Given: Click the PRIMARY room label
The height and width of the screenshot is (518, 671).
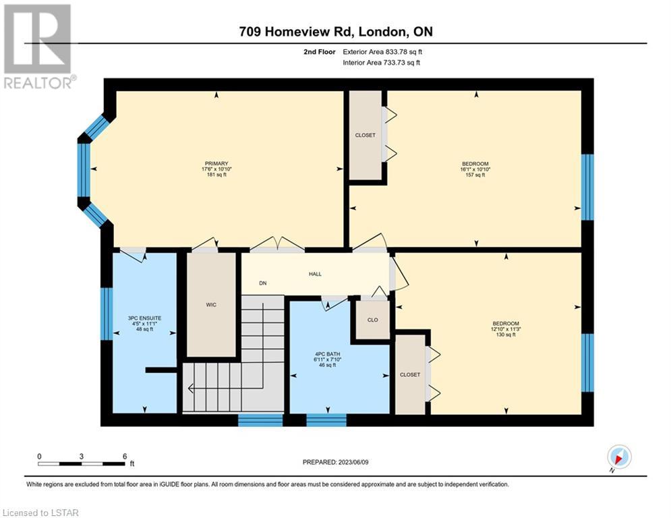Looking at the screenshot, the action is click(x=216, y=163).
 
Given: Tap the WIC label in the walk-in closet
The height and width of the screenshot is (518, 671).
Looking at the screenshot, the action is click(x=211, y=305).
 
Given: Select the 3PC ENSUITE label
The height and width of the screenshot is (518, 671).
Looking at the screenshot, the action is click(x=144, y=318).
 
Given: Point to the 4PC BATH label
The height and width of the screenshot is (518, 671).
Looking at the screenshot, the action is click(x=327, y=354).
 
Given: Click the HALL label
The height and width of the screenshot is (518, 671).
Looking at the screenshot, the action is click(x=316, y=274).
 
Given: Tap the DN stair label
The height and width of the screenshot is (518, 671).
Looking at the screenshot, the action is click(x=263, y=283).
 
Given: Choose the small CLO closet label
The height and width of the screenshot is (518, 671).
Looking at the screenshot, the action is click(x=373, y=320).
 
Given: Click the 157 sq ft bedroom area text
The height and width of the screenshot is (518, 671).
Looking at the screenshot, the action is click(x=475, y=175).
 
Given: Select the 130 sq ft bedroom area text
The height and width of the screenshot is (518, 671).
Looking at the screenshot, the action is click(x=505, y=335).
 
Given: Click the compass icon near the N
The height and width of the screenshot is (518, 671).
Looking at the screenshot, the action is click(x=619, y=457).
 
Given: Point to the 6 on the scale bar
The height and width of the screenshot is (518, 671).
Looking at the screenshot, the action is click(x=125, y=457).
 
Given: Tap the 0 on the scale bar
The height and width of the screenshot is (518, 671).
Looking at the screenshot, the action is click(x=39, y=457).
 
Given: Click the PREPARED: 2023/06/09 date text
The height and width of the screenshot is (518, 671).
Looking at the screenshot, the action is click(x=336, y=462).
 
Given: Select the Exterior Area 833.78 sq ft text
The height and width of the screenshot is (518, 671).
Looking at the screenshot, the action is click(x=382, y=52).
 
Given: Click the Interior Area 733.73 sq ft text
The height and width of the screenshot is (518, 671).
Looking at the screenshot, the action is click(x=381, y=63).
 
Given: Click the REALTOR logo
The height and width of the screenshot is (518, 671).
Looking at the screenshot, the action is click(x=38, y=47).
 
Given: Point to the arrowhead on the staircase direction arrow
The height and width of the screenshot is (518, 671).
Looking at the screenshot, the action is click(x=190, y=388).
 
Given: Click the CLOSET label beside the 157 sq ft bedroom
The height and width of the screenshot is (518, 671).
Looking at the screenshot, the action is click(x=365, y=136).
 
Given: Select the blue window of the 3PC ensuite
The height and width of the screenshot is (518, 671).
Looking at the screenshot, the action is click(x=107, y=314).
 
